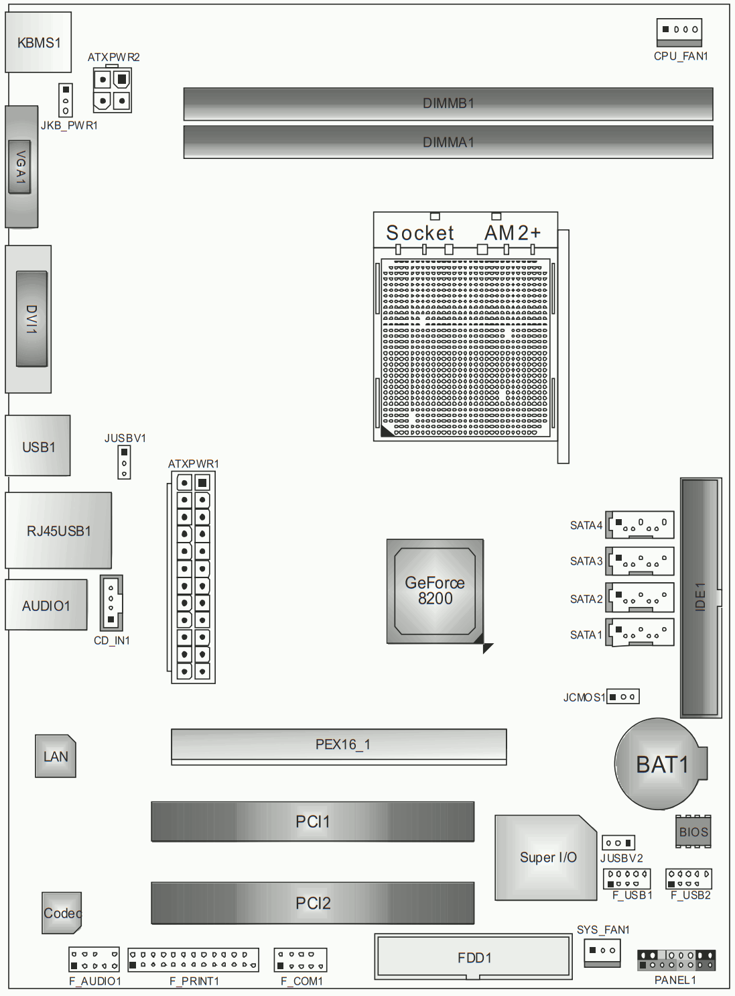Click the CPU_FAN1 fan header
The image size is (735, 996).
[679, 30]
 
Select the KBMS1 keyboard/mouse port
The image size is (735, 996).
[38, 42]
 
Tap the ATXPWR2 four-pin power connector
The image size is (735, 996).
[112, 91]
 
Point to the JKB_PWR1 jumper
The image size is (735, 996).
[66, 100]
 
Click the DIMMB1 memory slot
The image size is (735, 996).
[448, 104]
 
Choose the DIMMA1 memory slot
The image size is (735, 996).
[448, 142]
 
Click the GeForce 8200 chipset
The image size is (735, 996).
[435, 591]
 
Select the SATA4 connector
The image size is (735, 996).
[641, 524]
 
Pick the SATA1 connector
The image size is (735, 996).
[641, 632]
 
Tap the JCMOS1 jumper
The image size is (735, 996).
[623, 697]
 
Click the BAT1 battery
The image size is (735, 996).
[661, 764]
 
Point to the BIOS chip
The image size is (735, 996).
[693, 832]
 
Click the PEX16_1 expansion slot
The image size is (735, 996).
[339, 745]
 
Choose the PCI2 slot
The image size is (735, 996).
[313, 903]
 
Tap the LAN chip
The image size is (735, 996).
[56, 757]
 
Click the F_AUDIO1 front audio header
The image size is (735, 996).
[94, 960]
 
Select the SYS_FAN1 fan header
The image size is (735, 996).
[602, 951]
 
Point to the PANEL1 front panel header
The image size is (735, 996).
[676, 960]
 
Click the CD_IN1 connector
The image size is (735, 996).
[111, 602]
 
